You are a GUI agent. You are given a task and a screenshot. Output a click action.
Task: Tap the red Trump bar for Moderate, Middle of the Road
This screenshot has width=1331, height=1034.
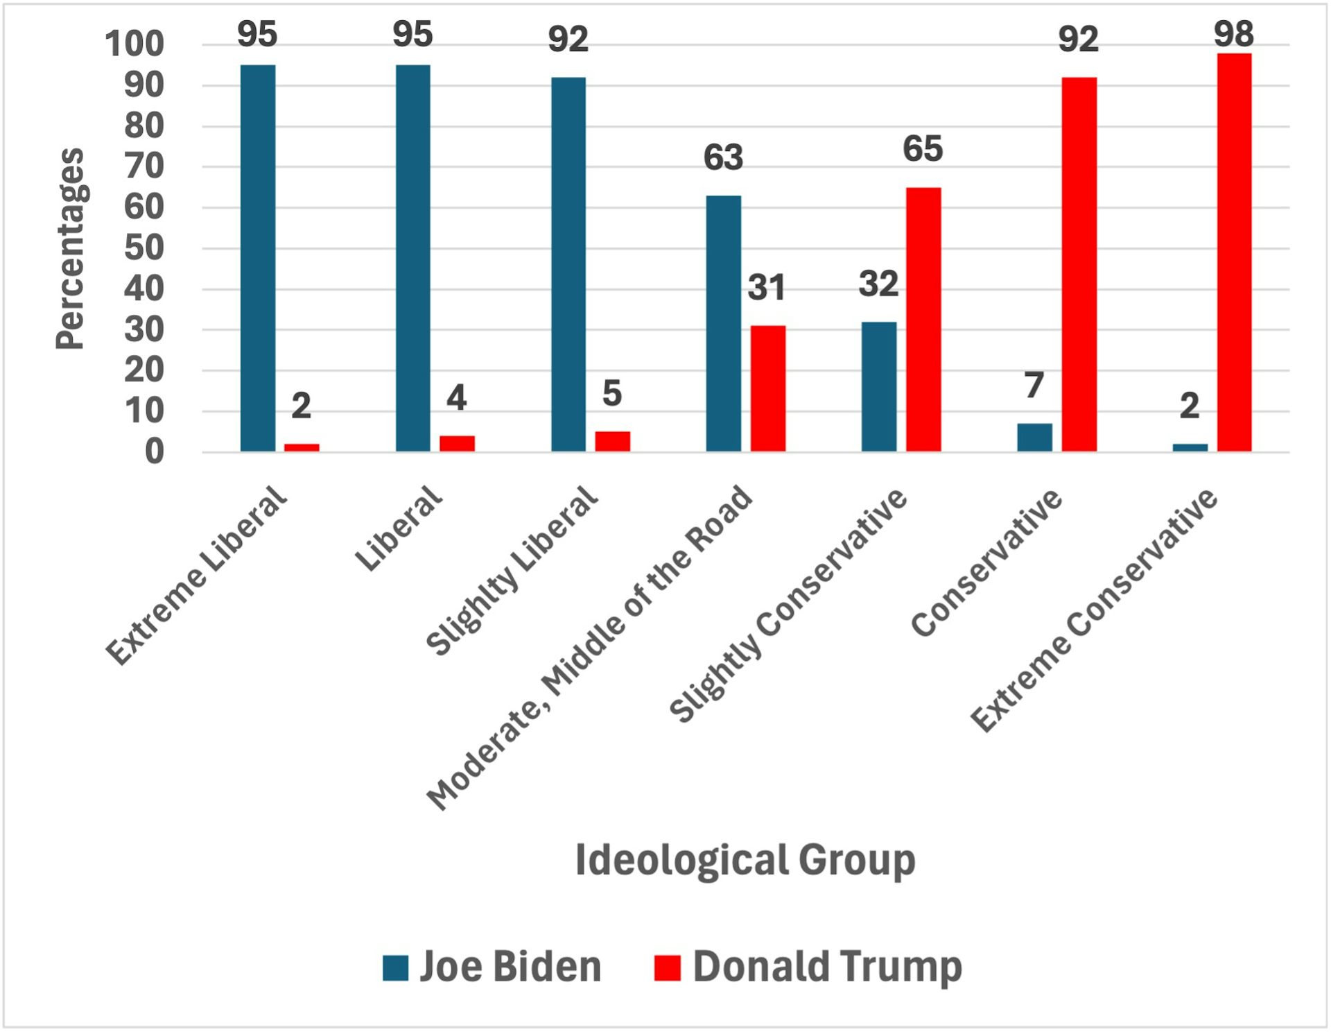(x=767, y=388)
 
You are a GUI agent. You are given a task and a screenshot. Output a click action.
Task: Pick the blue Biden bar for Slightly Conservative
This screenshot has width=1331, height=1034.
(x=878, y=386)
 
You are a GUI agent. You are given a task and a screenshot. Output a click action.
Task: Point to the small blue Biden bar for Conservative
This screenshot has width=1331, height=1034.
(x=1034, y=438)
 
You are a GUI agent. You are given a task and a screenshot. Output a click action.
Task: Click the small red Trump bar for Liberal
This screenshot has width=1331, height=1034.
(x=457, y=443)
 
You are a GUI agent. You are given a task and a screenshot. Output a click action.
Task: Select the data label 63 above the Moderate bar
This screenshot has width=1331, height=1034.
(x=723, y=157)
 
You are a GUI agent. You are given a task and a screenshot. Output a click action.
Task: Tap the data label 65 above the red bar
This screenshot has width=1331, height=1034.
(x=922, y=149)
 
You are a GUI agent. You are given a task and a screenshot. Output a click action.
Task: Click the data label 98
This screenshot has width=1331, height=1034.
(x=1233, y=34)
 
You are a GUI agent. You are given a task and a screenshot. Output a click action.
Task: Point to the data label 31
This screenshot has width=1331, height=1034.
(x=766, y=288)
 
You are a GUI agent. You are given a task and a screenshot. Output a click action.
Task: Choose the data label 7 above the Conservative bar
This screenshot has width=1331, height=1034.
(x=1034, y=385)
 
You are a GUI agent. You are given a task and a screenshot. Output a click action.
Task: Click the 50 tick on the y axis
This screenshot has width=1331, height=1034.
(x=144, y=248)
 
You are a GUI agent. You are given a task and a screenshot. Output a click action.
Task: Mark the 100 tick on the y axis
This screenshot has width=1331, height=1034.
(x=134, y=44)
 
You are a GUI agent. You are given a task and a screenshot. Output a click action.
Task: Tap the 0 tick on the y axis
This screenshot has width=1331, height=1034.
(x=155, y=452)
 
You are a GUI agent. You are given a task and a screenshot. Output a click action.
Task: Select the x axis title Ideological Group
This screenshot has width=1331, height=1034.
(x=745, y=860)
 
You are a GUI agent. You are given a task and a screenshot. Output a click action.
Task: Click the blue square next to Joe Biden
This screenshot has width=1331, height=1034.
(x=395, y=968)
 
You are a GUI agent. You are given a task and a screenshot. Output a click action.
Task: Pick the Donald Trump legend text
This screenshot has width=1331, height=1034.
(x=827, y=967)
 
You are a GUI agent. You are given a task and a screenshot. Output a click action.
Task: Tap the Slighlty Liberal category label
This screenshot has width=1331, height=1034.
(x=511, y=571)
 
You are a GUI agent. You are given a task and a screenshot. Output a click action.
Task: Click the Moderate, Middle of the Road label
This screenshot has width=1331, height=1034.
(x=589, y=648)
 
